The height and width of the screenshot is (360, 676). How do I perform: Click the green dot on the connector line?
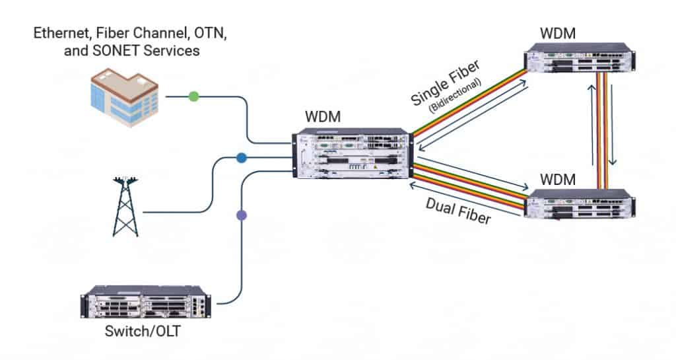click(x=193, y=96)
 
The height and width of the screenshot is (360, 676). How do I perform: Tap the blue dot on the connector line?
click(x=242, y=158)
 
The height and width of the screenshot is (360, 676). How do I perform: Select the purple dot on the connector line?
click(x=242, y=215)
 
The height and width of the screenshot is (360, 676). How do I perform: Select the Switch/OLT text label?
click(x=142, y=332)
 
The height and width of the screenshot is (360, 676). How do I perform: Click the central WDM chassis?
click(x=353, y=153)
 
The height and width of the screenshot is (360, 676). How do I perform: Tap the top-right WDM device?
click(x=578, y=59)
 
